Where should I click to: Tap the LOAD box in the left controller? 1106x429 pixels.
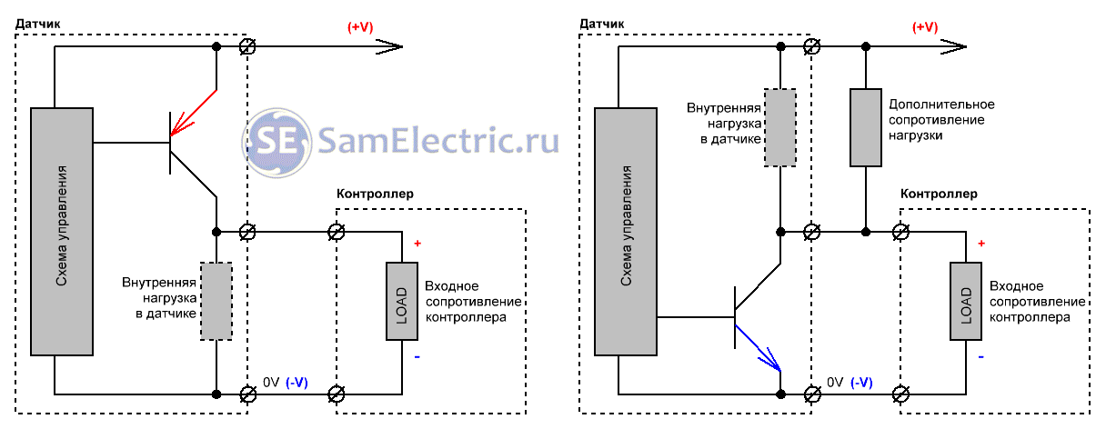[401, 301]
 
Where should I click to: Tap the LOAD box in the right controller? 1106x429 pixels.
[965, 301]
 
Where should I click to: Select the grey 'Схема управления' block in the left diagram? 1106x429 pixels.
[62, 231]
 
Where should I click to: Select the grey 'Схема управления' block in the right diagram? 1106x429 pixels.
[626, 231]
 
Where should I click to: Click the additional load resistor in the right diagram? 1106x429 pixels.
[865, 127]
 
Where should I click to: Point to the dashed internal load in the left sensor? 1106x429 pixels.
[216, 301]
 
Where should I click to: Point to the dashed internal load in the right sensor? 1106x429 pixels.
[780, 127]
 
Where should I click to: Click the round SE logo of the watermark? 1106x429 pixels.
[276, 140]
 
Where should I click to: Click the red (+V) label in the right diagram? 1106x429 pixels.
[925, 27]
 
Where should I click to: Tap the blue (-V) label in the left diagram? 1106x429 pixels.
[297, 383]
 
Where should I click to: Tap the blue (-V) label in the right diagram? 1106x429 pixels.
[860, 383]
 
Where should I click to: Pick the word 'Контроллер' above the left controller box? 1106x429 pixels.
[375, 194]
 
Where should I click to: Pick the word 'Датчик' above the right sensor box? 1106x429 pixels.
[602, 23]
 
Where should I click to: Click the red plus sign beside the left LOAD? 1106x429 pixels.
[417, 244]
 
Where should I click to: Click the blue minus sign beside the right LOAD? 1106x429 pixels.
[981, 357]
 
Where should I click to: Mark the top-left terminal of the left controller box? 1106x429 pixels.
[336, 233]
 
